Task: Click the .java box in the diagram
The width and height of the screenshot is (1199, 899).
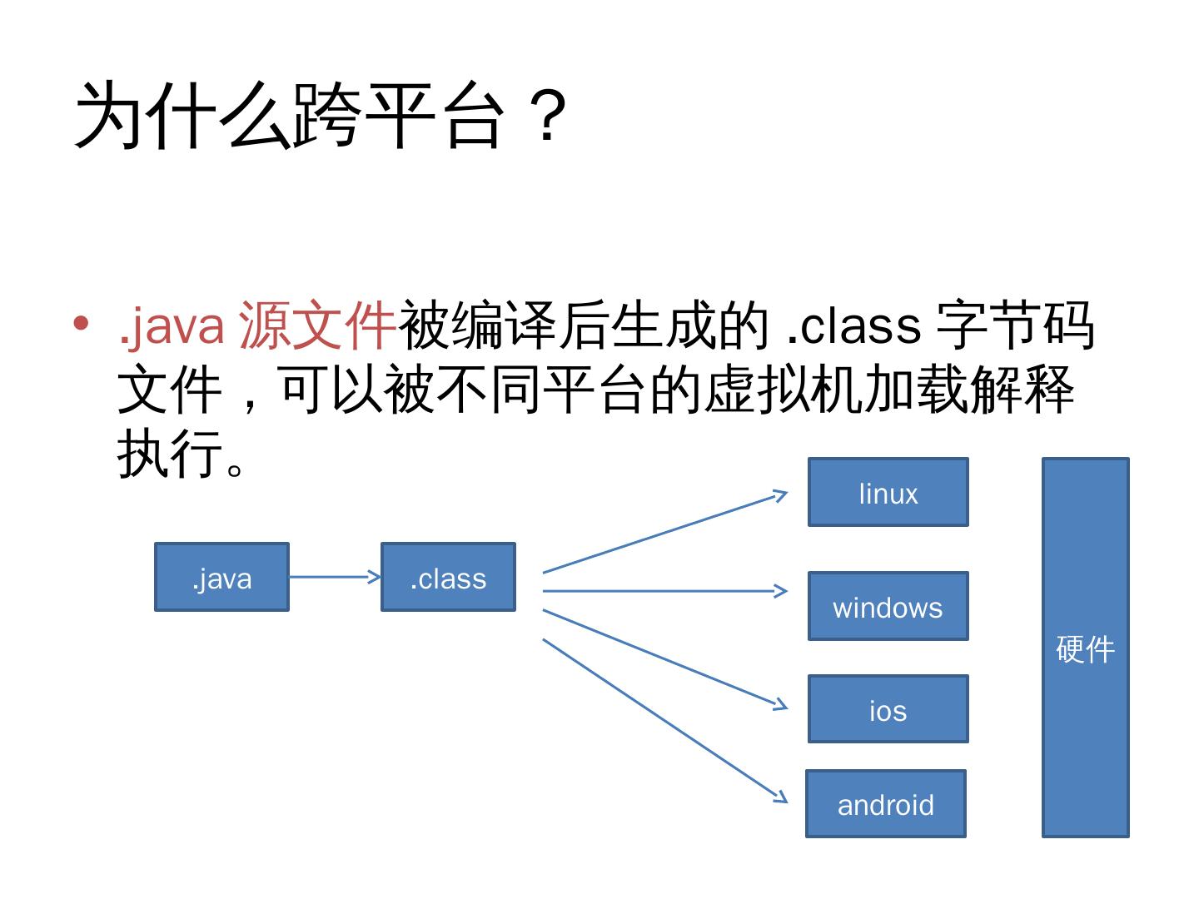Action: [x=221, y=577]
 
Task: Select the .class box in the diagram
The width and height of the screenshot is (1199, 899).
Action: [x=448, y=577]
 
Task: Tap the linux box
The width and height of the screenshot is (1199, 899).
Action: [x=888, y=492]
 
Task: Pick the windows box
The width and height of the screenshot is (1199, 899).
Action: [x=888, y=606]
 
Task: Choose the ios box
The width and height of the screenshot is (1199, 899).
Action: [x=888, y=709]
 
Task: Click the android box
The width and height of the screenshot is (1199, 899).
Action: [x=885, y=803]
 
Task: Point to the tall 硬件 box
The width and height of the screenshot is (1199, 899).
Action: [x=1085, y=648]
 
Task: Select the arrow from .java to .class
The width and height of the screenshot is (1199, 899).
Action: [x=334, y=576]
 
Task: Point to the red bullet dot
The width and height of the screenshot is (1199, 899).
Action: [x=81, y=322]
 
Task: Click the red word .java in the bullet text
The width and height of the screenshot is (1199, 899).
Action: [x=172, y=325]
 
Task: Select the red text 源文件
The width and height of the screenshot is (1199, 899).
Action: [x=316, y=325]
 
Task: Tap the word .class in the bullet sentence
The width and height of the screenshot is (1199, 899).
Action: [x=853, y=325]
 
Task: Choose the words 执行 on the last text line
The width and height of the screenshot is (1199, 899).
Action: [x=171, y=454]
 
